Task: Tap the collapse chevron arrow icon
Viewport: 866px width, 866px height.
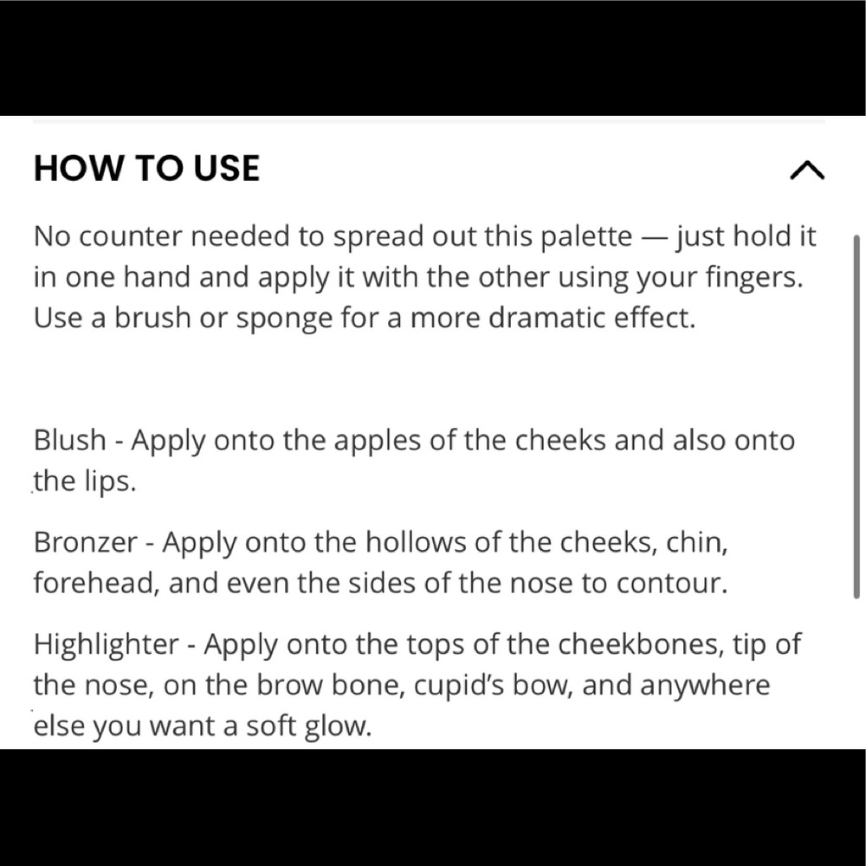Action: pos(807,170)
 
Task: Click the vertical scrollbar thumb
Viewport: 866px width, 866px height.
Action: pos(856,417)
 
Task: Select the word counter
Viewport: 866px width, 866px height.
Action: pos(131,236)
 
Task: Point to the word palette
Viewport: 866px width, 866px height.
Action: pos(586,236)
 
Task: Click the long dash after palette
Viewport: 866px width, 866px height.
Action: pos(654,237)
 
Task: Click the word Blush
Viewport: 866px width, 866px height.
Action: pos(69,440)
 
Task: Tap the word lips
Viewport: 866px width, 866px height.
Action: pos(110,481)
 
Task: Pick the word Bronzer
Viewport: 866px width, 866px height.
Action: pos(86,542)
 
